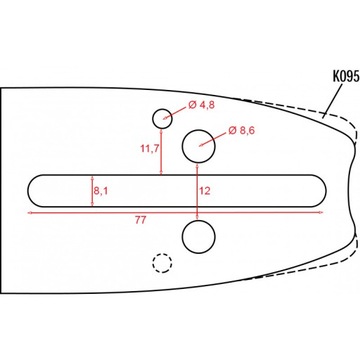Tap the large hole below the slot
click(199, 237)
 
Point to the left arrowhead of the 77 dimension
click(31, 213)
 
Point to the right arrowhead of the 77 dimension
click(325, 213)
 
